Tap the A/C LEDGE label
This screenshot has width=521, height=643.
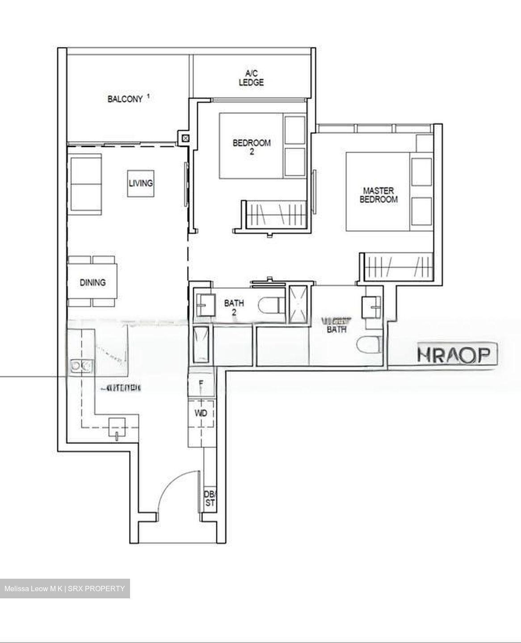(x=251, y=78)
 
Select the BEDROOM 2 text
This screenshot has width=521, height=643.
(x=252, y=147)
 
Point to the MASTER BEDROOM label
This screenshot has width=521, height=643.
(x=378, y=195)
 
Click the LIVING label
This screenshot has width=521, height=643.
(x=140, y=183)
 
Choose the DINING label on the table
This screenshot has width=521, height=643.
(x=93, y=282)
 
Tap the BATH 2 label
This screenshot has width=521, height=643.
(x=234, y=307)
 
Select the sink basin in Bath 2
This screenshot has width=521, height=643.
(x=203, y=305)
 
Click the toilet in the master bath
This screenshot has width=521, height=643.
(x=369, y=345)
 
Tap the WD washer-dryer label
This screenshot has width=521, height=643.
(x=201, y=413)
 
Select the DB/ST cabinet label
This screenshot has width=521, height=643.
(x=209, y=499)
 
